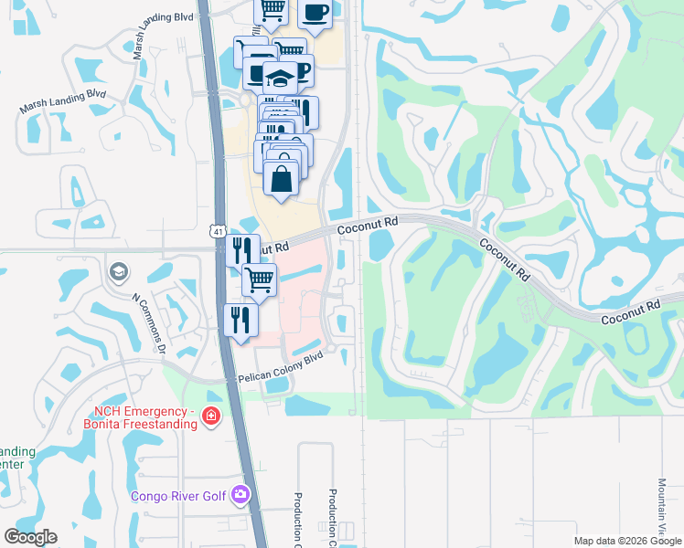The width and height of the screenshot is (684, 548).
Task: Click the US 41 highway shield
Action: pos(217,232)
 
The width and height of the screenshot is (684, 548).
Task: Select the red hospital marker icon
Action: pos(211,416)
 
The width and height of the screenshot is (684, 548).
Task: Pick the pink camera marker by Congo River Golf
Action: pos(240,495)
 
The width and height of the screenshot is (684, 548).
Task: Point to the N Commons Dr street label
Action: pos(147,323)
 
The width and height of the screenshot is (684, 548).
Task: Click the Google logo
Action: pos(30,537)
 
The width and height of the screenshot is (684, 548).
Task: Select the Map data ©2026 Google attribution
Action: pos(627,540)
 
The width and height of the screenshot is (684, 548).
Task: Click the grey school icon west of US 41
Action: pos(118,271)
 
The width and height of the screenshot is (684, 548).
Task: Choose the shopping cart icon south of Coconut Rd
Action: pos(260,279)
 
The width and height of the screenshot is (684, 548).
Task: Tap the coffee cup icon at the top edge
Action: pos(315,14)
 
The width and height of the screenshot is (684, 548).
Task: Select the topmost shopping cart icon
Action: pos(272,10)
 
